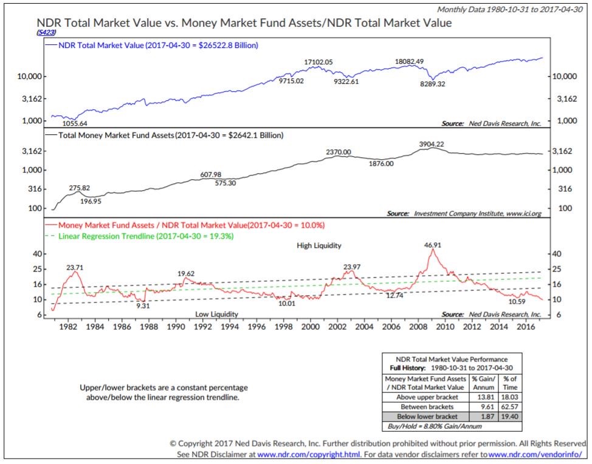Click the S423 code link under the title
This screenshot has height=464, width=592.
click(x=47, y=32)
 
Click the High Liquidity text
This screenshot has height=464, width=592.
click(x=319, y=245)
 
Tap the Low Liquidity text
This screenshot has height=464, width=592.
click(x=216, y=314)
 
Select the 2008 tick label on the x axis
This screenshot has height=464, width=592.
click(x=417, y=327)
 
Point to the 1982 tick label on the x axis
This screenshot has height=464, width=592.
click(x=68, y=327)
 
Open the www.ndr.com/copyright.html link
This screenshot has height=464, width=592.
click(x=309, y=454)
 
